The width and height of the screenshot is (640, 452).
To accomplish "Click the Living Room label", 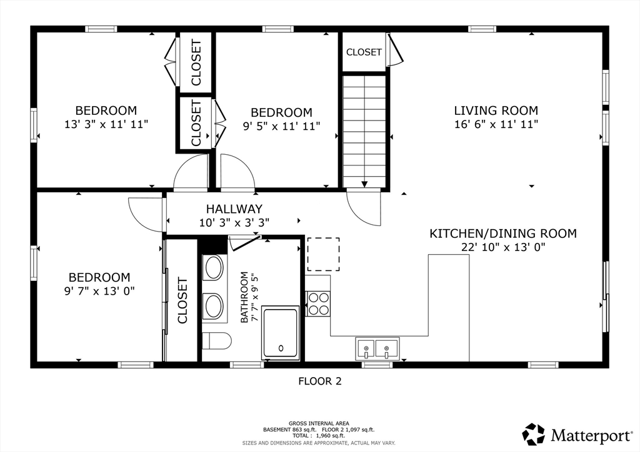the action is click(496, 111).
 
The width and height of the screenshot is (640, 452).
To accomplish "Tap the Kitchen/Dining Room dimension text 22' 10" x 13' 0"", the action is click(503, 247).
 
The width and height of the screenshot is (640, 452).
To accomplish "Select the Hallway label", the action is click(234, 209).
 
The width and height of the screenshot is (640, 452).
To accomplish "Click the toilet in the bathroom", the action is click(217, 341).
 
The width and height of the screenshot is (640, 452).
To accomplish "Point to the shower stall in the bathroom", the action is click(281, 333).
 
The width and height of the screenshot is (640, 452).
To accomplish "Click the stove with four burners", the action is click(318, 304).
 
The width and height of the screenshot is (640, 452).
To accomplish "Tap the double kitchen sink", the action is click(377, 348).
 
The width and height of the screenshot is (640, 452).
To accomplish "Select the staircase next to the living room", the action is click(364, 131).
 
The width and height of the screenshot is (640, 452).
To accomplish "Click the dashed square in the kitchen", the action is click(323, 254).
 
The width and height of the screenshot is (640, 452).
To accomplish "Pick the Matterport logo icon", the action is click(534, 435).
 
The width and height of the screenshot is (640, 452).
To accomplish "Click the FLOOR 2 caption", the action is click(319, 381).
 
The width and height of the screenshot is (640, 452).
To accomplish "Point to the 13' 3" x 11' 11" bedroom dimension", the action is click(106, 124).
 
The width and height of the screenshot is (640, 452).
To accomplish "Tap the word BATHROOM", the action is click(244, 297).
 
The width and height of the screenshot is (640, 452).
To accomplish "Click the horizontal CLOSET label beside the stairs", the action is click(364, 52).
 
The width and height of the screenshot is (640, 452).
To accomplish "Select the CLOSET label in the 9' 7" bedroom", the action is click(182, 300).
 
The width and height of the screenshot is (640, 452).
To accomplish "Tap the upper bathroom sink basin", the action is click(214, 268).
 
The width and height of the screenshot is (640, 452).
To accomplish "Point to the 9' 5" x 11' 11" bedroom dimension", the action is click(282, 126).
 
